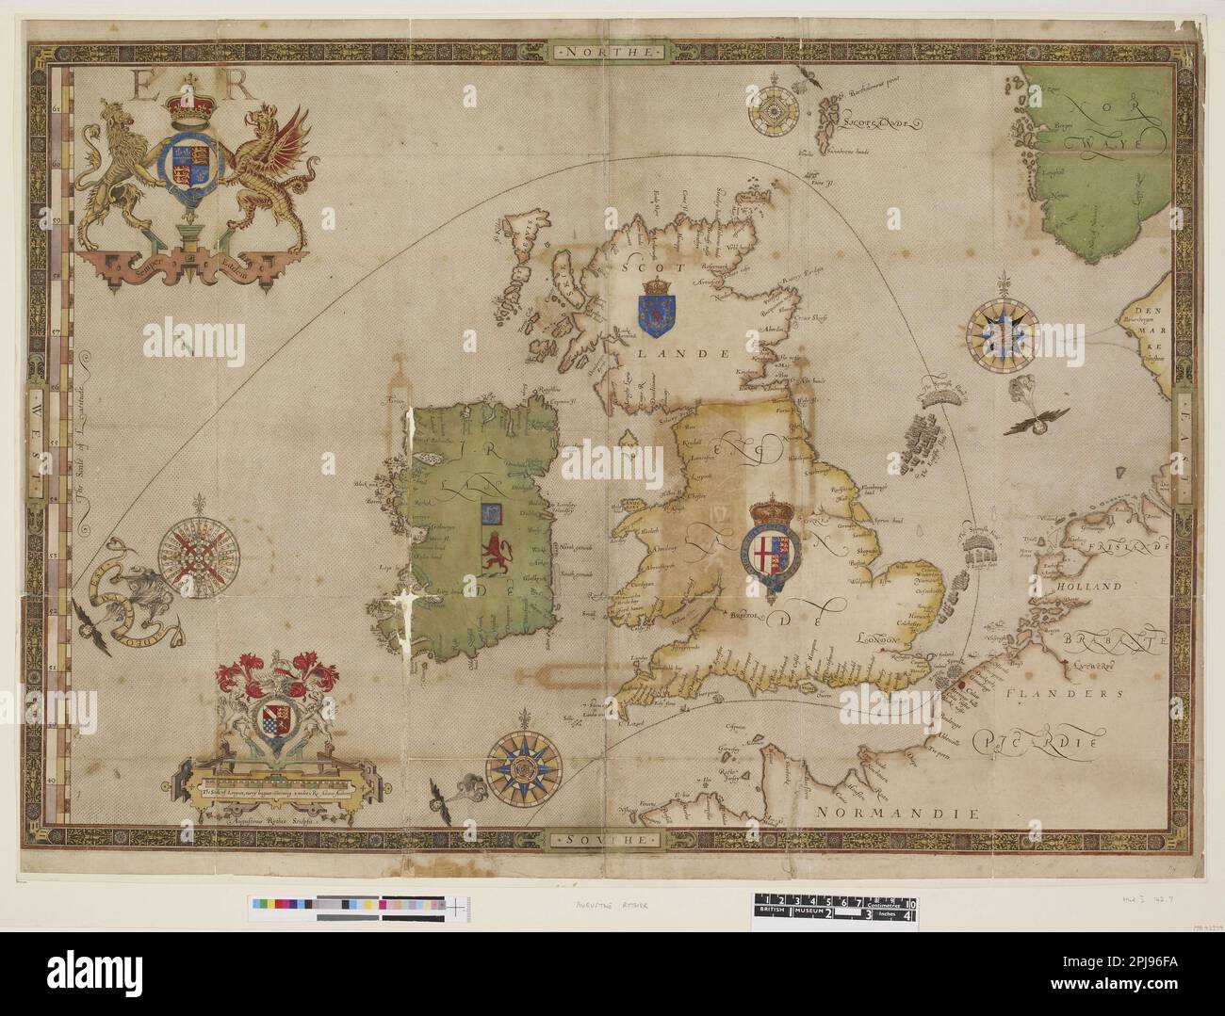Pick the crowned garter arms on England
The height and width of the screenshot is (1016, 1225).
774,550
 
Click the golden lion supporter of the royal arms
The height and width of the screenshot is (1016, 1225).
117,179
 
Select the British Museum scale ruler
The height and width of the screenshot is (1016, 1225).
835,908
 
